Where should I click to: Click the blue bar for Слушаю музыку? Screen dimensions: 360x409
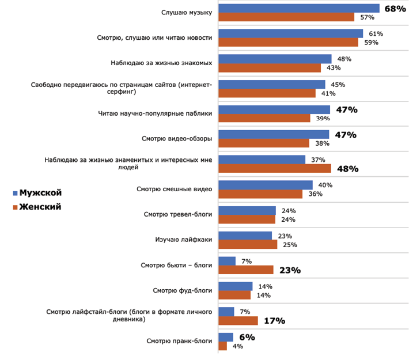pyautogui.click(x=299, y=8)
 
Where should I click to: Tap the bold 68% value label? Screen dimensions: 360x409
pyautogui.click(x=396, y=9)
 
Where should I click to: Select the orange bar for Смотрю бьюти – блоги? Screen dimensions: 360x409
pyautogui.click(x=246, y=270)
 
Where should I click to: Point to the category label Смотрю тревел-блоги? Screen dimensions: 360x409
pyautogui.click(x=177, y=214)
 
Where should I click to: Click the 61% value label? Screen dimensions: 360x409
pyautogui.click(x=376, y=34)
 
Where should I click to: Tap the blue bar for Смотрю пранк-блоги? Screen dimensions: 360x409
pyautogui.click(x=226, y=337)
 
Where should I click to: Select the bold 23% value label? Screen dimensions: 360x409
pyautogui.click(x=290, y=270)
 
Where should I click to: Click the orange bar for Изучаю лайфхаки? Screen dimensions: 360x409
pyautogui.click(x=248, y=244)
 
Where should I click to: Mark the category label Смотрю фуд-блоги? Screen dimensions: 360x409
pyautogui.click(x=183, y=290)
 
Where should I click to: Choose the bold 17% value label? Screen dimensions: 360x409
pyautogui.click(x=274, y=321)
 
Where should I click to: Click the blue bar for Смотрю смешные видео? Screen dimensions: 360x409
pyautogui.click(x=266, y=185)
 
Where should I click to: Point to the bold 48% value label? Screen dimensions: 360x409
pyautogui.click(x=347, y=169)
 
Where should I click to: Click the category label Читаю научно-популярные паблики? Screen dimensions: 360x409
pyautogui.click(x=155, y=113)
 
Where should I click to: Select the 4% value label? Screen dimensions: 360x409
pyautogui.click(x=238, y=346)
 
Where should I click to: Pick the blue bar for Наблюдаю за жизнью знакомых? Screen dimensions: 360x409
pyautogui.click(x=275, y=59)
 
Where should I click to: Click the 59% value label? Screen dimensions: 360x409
pyautogui.click(x=371, y=42)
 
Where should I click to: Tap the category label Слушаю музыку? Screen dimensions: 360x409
pyautogui.click(x=187, y=12)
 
